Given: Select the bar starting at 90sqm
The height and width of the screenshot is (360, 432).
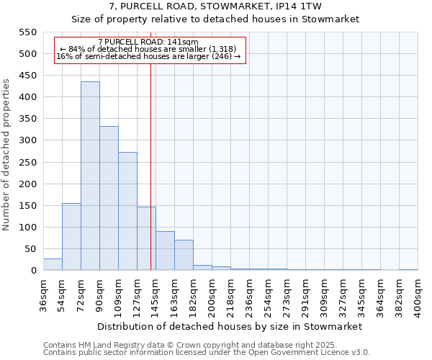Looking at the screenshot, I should pos(109,198).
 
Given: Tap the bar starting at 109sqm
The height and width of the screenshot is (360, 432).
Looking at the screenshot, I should pos(127,211).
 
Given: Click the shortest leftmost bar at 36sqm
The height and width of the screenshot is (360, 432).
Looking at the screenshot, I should pos(53,264).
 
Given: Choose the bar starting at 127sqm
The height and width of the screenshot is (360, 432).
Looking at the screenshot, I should pos(146,238).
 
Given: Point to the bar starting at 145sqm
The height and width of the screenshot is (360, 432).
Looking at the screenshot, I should pos(165,251).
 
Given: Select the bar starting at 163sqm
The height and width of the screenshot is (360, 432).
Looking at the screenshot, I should pos(184,255).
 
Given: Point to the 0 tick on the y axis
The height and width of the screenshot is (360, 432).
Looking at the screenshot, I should pos(32,271).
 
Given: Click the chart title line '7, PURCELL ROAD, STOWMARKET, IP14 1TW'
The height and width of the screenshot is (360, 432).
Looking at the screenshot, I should pos(215,6).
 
